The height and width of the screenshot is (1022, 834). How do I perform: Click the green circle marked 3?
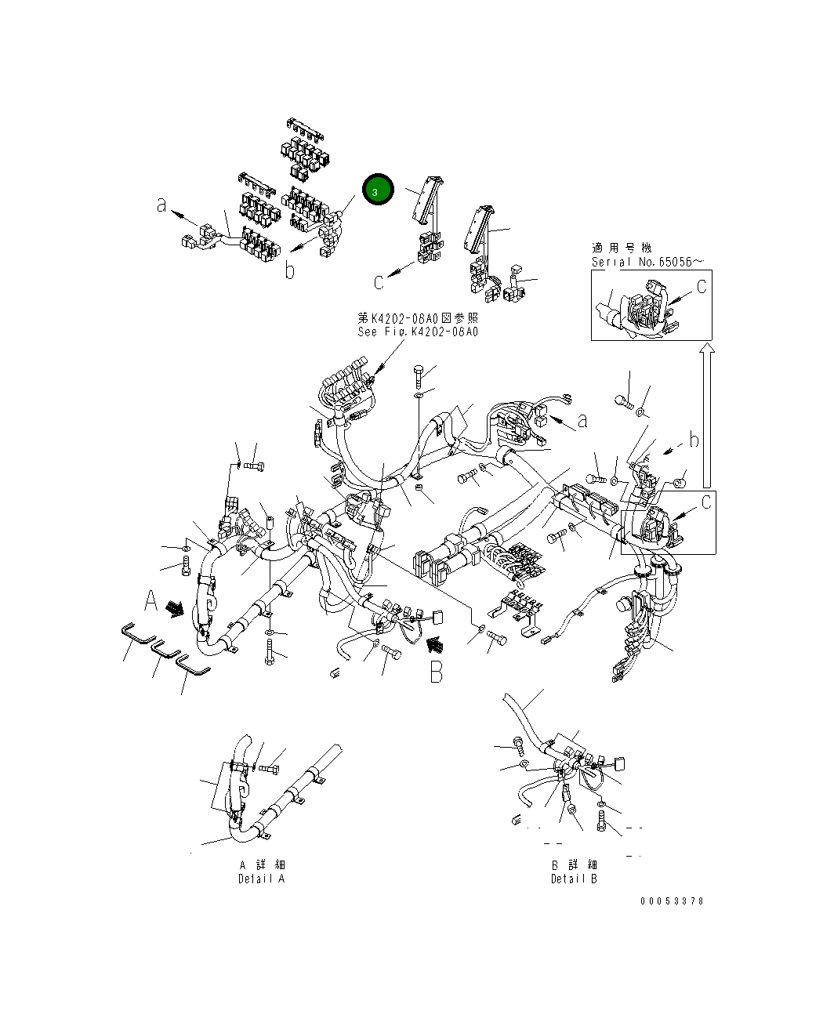378,190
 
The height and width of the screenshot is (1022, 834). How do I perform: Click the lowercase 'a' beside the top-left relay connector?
161,205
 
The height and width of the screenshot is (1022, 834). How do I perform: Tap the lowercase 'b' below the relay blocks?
289,271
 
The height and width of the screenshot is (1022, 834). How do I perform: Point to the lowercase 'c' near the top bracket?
378,280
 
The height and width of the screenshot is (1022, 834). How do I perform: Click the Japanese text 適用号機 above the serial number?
622,248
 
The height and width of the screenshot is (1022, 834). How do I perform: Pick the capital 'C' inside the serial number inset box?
701,287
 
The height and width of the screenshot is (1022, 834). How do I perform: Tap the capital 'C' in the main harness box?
705,501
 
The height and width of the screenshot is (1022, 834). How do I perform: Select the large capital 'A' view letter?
151,602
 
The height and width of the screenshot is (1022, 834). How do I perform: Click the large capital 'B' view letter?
436,672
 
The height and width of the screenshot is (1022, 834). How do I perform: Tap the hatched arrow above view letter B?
433,644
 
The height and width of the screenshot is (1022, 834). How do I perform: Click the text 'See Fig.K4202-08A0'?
417,332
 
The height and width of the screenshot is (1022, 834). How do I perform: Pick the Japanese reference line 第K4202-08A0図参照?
417,318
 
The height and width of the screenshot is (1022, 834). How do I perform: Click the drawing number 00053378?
672,901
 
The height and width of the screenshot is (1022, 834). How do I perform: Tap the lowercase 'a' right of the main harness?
582,422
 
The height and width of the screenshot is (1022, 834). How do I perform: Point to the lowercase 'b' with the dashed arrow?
693,440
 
